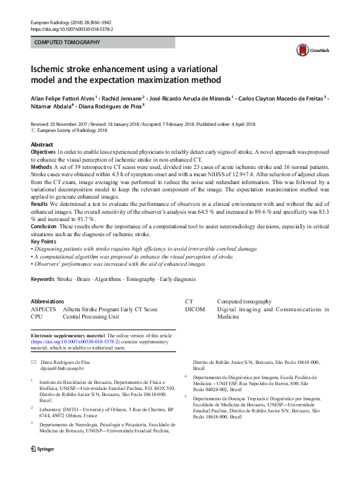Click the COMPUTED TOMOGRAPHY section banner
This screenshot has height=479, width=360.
103,43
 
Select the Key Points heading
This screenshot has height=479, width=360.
45,241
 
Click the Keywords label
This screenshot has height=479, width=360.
42,279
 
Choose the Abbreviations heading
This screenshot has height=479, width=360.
47,301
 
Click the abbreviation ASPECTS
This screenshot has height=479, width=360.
43,309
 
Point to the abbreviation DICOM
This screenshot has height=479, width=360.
195,309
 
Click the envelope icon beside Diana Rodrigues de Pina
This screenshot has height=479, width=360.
33,361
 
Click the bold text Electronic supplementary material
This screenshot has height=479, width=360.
67,335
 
